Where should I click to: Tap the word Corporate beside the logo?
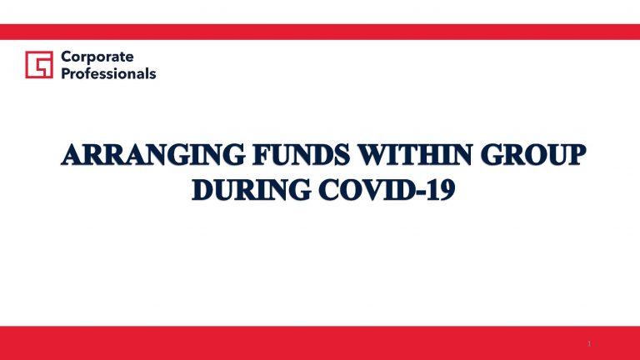[97, 57]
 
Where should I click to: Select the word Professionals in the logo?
[108, 74]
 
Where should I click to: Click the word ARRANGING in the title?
[153, 155]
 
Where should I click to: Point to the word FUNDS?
[302, 155]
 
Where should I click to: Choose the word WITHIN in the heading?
[415, 155]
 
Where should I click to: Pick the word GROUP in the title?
[533, 155]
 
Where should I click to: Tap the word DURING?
[251, 190]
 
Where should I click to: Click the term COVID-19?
[387, 190]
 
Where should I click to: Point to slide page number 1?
[589, 343]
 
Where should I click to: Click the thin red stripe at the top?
[320, 32]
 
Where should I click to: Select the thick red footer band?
[320, 342]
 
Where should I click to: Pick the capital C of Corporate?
[67, 57]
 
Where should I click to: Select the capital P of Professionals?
[66, 73]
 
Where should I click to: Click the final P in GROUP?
[577, 155]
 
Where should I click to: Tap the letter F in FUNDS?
[262, 155]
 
